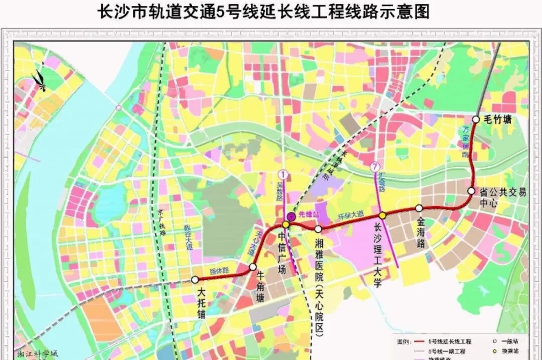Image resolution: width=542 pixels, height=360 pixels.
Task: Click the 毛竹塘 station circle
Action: (x=476, y=119)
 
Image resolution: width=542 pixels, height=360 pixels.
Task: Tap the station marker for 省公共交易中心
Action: (x=471, y=191)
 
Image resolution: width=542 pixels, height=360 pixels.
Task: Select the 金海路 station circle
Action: (x=419, y=208)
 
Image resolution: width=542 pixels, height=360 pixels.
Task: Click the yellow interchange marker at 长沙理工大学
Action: (x=382, y=215)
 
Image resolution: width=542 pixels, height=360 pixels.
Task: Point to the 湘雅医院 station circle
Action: (x=318, y=229)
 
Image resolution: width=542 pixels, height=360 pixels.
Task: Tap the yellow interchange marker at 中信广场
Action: (x=285, y=224)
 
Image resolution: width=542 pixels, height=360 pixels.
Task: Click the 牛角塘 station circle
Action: (x=253, y=267)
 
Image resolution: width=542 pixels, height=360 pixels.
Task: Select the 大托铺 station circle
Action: (x=195, y=280)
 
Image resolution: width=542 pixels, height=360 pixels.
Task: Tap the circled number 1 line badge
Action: (x=284, y=175)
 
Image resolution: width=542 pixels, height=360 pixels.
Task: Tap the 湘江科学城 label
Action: (x=38, y=353)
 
